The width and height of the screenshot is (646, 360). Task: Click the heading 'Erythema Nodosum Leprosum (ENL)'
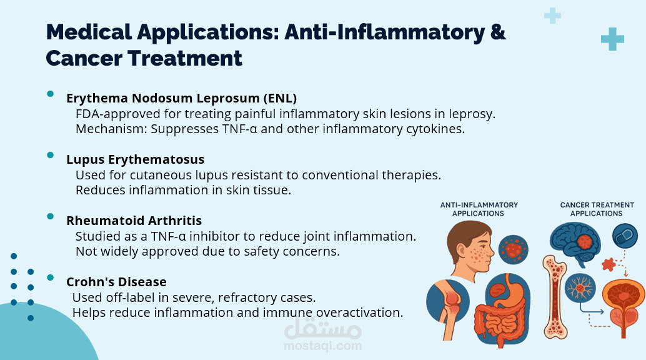[181, 98]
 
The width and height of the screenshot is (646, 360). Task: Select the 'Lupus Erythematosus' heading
[135, 159]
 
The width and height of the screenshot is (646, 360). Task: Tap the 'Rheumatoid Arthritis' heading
[134, 221]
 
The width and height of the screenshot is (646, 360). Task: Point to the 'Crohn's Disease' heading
[116, 282]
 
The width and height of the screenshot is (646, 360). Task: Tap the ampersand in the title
[498, 32]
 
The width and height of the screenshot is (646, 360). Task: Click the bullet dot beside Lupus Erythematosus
[50, 155]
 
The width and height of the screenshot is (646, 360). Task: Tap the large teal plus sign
[612, 39]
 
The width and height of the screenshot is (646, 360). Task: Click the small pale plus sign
[552, 16]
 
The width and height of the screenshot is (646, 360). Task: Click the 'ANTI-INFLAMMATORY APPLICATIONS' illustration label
[479, 209]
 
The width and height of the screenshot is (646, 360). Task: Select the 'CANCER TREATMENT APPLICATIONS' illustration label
[597, 209]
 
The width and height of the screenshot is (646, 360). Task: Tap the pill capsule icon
[625, 236]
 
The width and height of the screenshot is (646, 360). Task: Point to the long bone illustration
[555, 296]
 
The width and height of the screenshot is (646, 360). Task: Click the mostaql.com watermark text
[322, 346]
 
